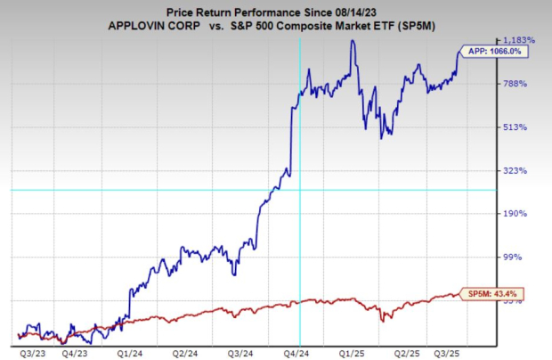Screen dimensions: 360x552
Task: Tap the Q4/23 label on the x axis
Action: coord(77,352)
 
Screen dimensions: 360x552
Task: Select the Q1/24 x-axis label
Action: coord(131,352)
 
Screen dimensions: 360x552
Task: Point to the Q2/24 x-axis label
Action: coord(185,352)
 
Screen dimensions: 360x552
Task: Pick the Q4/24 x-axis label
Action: coord(298,352)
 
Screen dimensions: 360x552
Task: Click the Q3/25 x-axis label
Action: coord(460,352)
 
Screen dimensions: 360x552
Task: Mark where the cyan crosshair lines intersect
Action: coord(299,190)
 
